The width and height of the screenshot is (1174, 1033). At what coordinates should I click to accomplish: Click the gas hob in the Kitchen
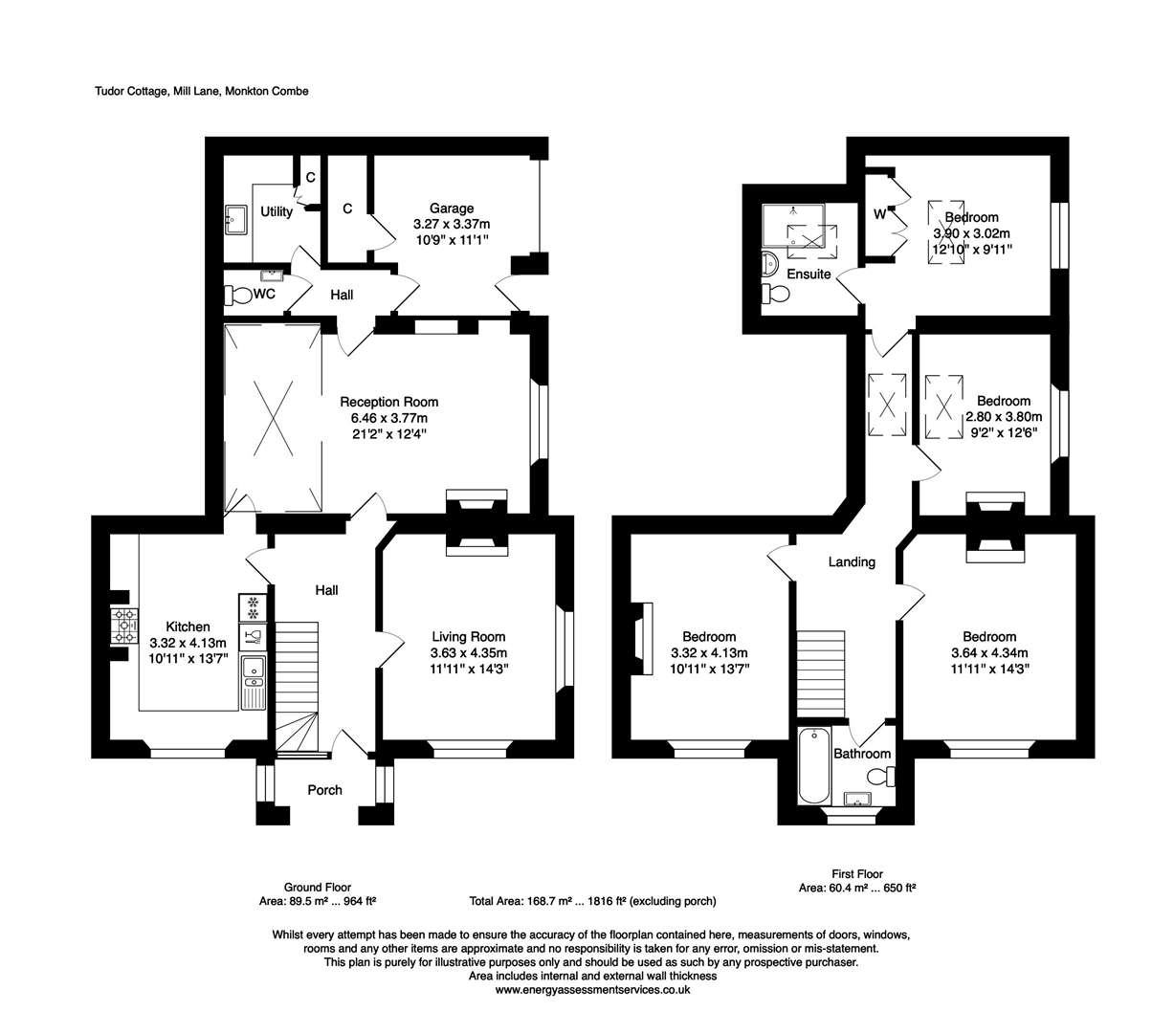pos(124,626)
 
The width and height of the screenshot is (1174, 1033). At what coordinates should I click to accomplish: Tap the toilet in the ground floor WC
pos(238,295)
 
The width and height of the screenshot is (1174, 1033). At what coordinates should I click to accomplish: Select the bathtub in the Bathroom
pos(814,765)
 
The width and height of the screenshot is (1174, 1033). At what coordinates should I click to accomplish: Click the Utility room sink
pos(235,219)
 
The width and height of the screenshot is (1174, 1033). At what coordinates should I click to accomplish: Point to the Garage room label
pos(451,208)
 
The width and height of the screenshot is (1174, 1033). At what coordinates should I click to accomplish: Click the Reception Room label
pos(388,402)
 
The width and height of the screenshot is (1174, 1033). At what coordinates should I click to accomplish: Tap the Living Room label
pos(468,637)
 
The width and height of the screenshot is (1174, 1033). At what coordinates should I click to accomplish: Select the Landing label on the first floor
pos(852,561)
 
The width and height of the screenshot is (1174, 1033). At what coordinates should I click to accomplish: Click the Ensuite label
pos(809,274)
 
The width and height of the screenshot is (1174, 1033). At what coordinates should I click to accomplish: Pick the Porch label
pos(324,790)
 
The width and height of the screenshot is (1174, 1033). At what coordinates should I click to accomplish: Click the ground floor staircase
pos(296,688)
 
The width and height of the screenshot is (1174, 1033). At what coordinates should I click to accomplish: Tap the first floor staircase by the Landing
pos(820,673)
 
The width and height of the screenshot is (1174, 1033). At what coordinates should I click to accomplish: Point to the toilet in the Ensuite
pos(775,295)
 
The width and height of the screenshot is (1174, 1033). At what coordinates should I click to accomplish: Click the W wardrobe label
pos(879,214)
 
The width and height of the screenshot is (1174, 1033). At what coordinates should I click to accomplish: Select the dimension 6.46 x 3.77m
pos(388,418)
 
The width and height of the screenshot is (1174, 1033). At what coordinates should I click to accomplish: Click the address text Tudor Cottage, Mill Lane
pos(157,91)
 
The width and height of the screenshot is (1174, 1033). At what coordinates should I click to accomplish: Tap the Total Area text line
pos(592,901)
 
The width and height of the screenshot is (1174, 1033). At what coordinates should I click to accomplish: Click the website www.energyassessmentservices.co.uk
pos(592,990)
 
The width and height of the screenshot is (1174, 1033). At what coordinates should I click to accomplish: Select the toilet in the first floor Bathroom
pos(881,777)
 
